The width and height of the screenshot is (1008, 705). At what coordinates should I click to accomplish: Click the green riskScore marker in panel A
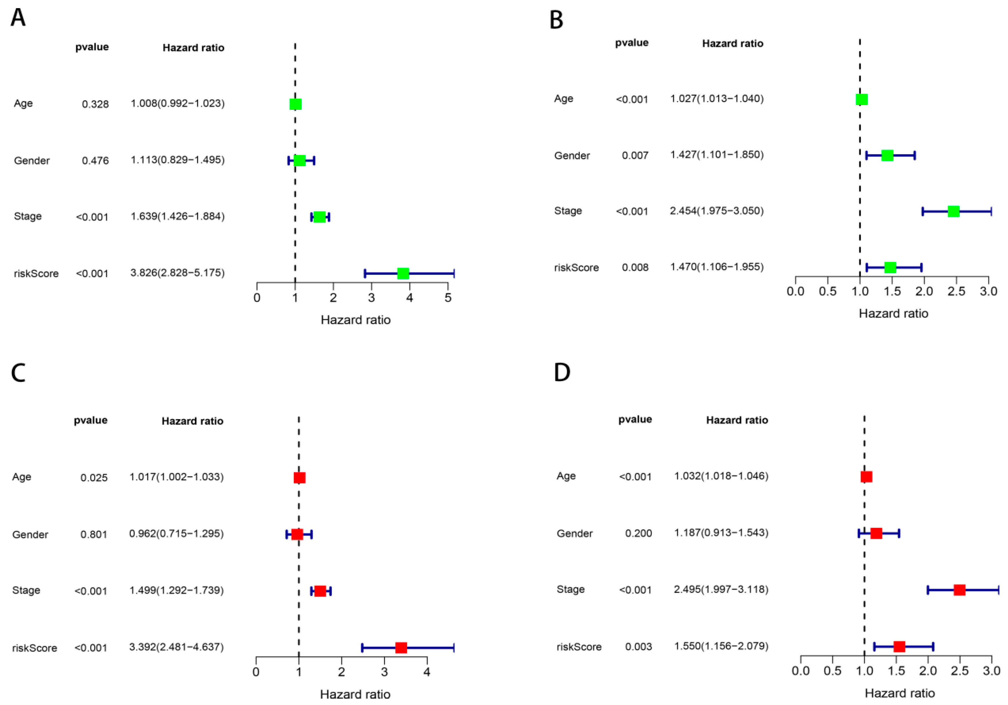click(x=403, y=273)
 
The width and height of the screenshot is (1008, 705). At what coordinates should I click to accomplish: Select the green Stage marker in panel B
click(x=953, y=211)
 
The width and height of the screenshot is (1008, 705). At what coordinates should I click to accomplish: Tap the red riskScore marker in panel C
click(x=401, y=647)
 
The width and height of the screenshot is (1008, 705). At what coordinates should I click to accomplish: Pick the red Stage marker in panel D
click(x=960, y=590)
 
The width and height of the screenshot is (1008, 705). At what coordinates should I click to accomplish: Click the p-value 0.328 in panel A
click(x=95, y=104)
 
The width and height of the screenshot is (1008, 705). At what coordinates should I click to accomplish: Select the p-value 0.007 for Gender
click(x=635, y=155)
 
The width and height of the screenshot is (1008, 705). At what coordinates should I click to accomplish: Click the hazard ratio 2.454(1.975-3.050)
click(x=717, y=211)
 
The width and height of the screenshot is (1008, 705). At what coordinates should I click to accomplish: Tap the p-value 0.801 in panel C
click(x=94, y=534)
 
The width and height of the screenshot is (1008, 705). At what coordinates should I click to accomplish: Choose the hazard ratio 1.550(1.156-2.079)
click(x=721, y=646)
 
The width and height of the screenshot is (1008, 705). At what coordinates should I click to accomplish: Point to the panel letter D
click(x=562, y=372)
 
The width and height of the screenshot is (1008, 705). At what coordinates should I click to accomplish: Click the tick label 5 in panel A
click(x=448, y=298)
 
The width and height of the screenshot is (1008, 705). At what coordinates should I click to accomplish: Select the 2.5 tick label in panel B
click(x=956, y=291)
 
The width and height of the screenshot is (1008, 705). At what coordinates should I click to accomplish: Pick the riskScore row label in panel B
click(x=577, y=268)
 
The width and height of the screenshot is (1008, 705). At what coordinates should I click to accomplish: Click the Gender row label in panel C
click(x=30, y=534)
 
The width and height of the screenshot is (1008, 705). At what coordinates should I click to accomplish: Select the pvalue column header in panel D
click(x=635, y=419)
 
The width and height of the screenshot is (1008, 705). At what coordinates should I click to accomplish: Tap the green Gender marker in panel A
click(x=299, y=161)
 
